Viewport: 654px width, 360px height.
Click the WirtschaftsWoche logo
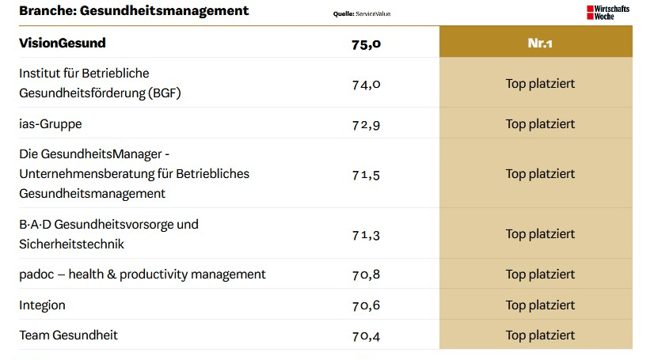pos(607,12)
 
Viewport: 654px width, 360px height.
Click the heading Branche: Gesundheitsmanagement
pos(134,11)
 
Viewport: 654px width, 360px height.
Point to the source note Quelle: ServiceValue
pos(362,14)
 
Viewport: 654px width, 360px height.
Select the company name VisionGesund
pos(63,43)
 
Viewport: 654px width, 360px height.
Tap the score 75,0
pos(366,44)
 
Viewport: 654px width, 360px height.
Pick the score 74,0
pos(366,83)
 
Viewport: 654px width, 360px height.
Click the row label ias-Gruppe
pos(51,123)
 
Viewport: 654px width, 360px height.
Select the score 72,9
pos(366,124)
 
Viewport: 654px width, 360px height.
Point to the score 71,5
pos(366,174)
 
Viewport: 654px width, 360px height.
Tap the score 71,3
pos(366,234)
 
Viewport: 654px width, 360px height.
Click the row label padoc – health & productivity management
pos(143,275)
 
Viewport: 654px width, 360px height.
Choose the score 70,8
pos(366,275)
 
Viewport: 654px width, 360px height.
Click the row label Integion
pos(43,305)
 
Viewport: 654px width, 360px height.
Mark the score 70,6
pos(366,305)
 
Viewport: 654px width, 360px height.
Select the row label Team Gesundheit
pos(68,335)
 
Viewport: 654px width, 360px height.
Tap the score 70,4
pos(366,335)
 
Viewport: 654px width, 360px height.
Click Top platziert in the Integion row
pos(540,305)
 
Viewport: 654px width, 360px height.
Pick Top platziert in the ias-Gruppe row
pos(540,124)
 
